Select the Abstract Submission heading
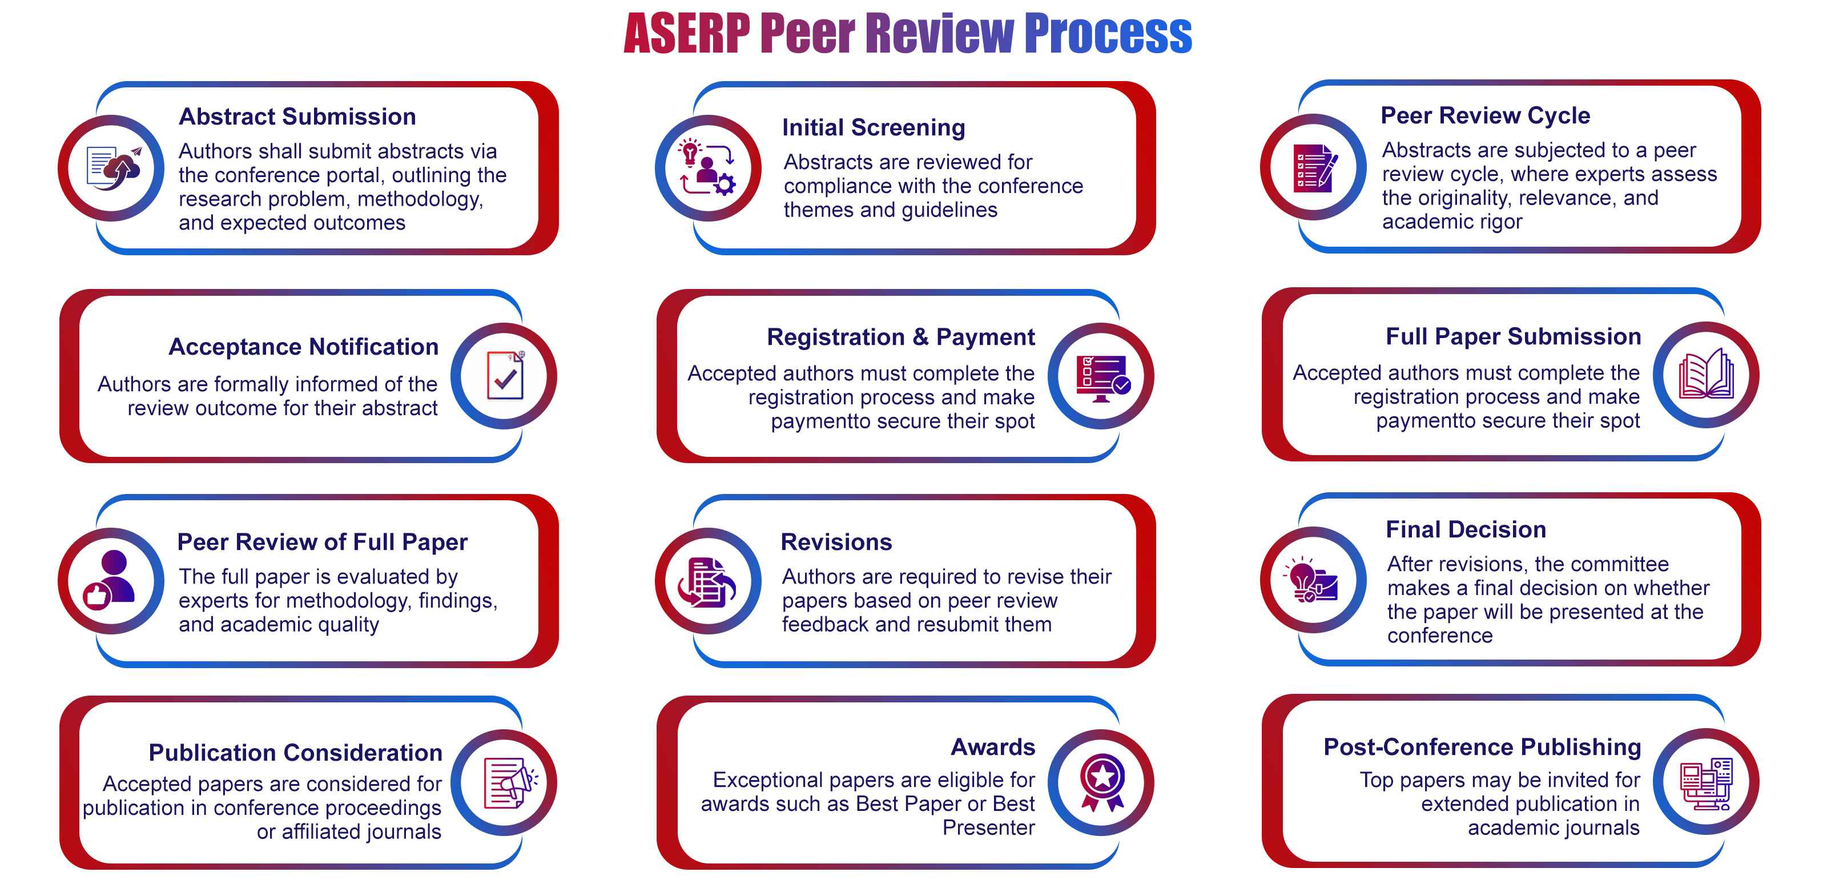pos(297,116)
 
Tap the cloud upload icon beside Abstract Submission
pos(113,168)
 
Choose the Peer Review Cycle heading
pos(1485,115)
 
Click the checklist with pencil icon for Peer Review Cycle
pos(1315,167)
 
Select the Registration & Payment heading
pos(901,337)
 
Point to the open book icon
pos(1707,374)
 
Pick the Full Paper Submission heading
pos(1513,336)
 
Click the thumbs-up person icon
pos(111,580)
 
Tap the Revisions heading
pos(836,542)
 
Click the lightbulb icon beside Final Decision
pos(1311,579)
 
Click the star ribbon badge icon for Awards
pos(1102,782)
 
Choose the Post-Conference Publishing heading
pos(1482,747)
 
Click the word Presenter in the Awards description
pos(989,828)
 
